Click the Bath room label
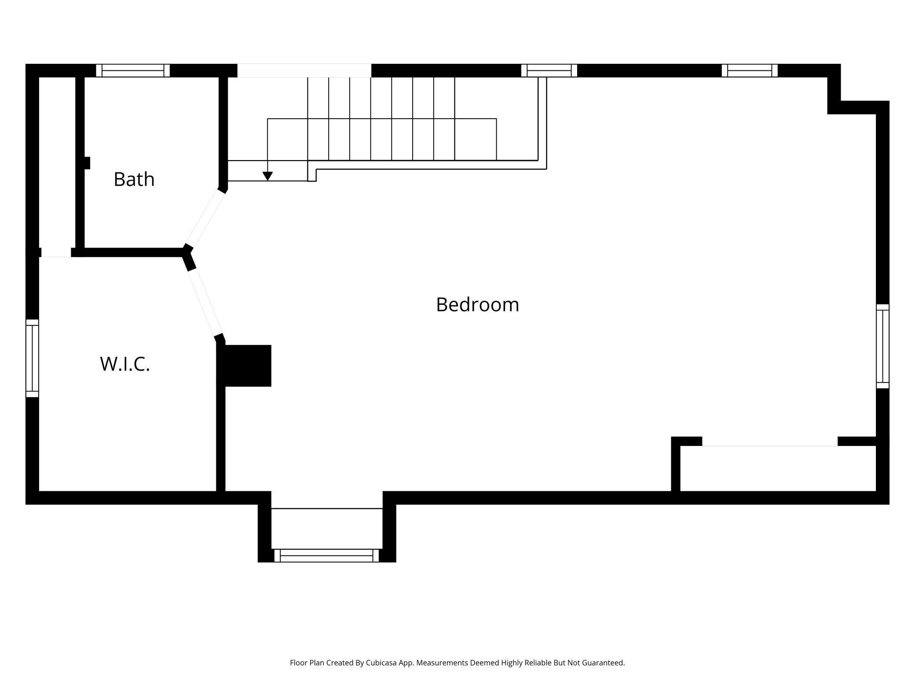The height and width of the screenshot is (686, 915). tap(134, 179)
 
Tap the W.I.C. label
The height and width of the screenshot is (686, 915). tap(125, 364)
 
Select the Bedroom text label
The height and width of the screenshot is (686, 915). tap(477, 305)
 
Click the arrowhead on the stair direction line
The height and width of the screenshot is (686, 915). tap(267, 176)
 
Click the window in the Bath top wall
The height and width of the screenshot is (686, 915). tap(133, 70)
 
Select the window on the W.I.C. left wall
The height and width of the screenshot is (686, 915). tap(32, 358)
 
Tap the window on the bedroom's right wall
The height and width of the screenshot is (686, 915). tap(882, 346)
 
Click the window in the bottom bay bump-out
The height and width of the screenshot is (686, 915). tap(326, 555)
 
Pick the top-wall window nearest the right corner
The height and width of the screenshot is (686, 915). tap(750, 70)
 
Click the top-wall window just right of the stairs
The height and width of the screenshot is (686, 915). tap(549, 70)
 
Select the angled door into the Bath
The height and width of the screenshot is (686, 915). tap(205, 219)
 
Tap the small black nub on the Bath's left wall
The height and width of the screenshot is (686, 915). tap(87, 163)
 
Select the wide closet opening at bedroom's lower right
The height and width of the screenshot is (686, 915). tap(769, 442)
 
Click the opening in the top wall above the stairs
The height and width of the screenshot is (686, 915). tap(304, 70)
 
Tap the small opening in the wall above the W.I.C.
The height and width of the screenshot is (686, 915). tap(56, 252)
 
